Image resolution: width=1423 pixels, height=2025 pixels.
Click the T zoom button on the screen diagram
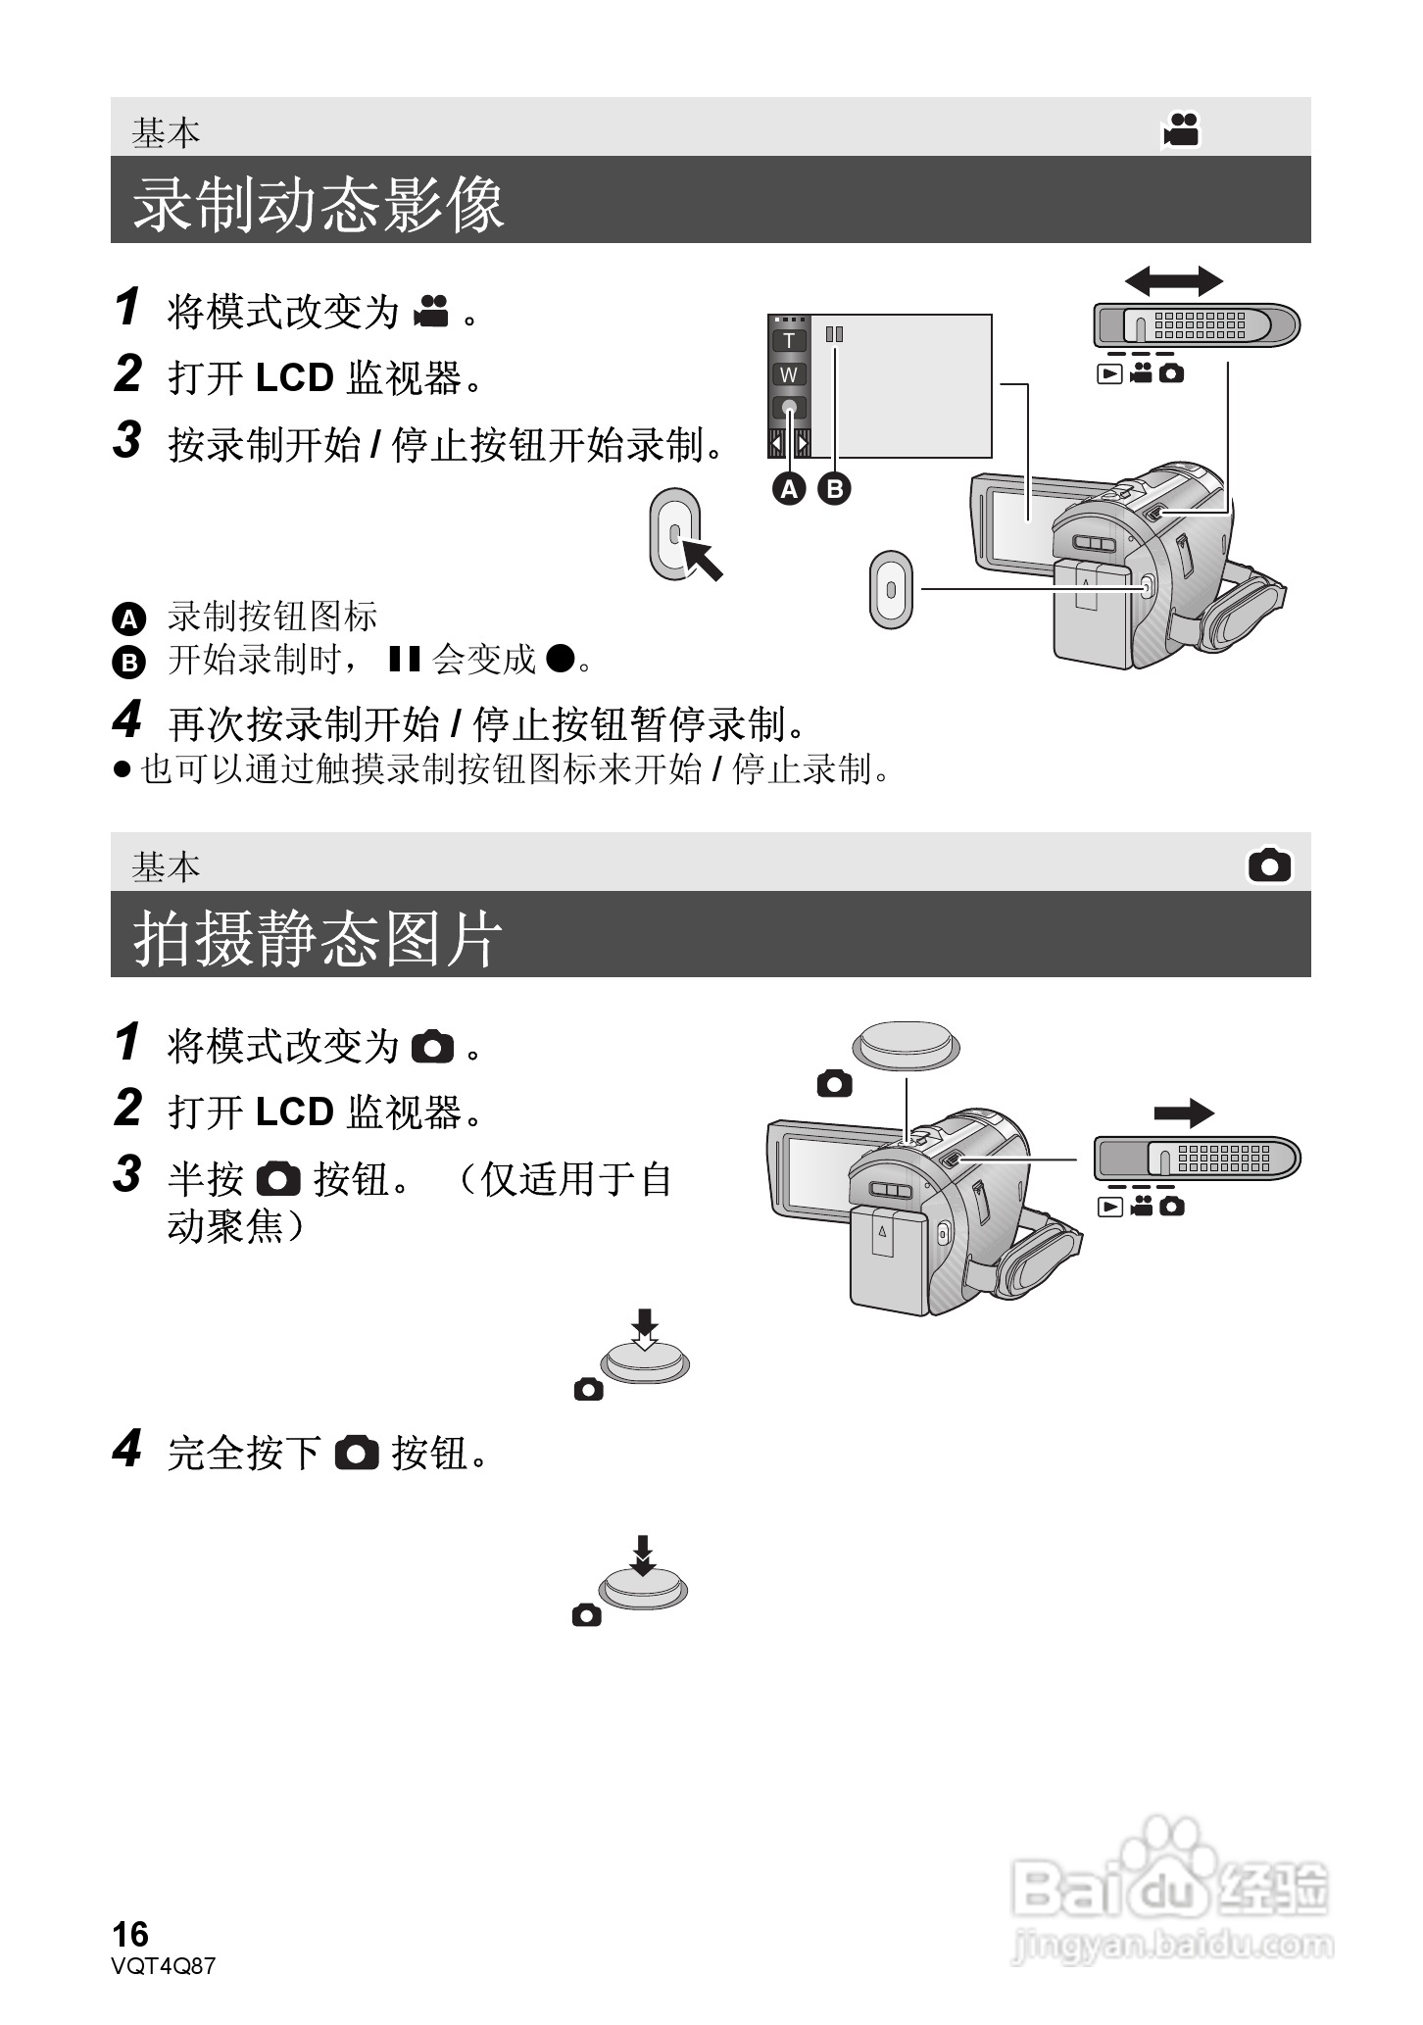[x=789, y=341]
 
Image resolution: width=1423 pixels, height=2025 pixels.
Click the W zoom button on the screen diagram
[x=789, y=374]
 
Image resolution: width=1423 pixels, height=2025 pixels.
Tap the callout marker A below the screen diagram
[x=789, y=488]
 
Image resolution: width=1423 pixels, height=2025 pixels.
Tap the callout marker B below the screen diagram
[x=834, y=488]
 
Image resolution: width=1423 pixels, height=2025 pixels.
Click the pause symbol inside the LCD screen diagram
[x=834, y=334]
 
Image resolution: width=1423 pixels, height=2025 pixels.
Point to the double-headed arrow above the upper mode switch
[x=1173, y=281]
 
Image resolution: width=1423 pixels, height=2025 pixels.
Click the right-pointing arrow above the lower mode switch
[x=1184, y=1112]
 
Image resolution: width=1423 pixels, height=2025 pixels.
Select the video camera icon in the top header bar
[x=1182, y=129]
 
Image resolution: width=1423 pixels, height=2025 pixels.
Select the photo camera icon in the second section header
[x=1269, y=865]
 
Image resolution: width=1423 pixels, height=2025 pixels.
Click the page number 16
[x=130, y=1934]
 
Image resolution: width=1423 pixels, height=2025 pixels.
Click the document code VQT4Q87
[x=164, y=1966]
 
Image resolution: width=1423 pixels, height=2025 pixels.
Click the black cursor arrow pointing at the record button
[x=702, y=558]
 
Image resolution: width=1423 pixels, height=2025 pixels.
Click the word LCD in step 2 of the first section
[x=295, y=378]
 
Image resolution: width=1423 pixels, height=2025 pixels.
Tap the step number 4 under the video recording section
[x=127, y=720]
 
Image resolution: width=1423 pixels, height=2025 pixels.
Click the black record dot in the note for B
[x=559, y=658]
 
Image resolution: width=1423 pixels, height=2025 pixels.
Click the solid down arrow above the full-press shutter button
[x=642, y=1555]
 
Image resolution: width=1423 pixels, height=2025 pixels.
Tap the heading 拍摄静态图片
[x=318, y=939]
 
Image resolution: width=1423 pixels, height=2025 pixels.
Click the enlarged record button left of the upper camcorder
[x=890, y=589]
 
